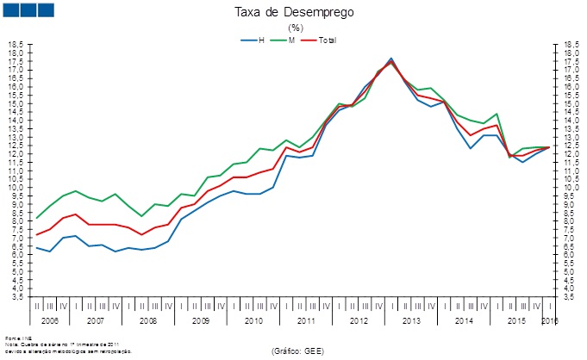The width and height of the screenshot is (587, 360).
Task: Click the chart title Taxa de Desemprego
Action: [x=293, y=13]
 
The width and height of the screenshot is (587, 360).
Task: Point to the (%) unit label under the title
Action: [x=294, y=28]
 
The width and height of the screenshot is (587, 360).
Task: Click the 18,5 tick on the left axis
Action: [x=16, y=44]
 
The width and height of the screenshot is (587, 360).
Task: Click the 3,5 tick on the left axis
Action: [x=17, y=296]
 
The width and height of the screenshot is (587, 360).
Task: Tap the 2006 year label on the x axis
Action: [x=50, y=320]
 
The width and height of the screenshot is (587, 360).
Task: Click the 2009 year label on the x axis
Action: [x=201, y=320]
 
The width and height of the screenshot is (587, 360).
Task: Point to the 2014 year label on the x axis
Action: [x=464, y=320]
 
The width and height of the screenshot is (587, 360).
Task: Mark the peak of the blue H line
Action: [x=391, y=59]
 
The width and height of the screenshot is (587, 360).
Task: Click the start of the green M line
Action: [x=36, y=218]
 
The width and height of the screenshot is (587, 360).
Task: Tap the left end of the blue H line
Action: [x=36, y=247]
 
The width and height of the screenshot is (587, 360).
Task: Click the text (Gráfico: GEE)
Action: [x=297, y=351]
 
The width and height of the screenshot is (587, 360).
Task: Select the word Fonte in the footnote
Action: [x=11, y=338]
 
